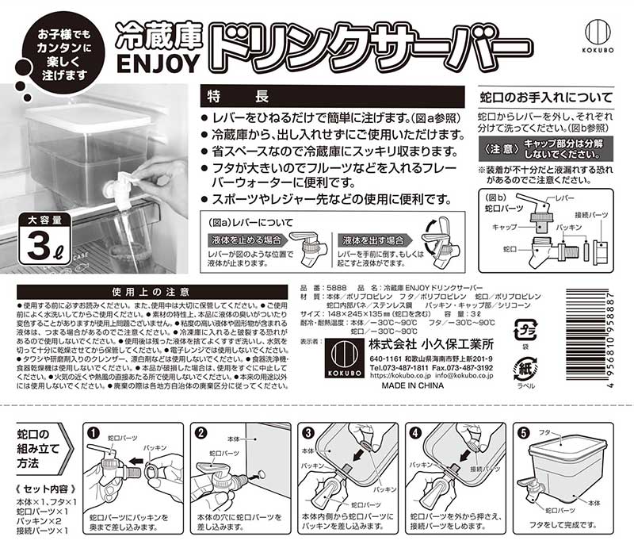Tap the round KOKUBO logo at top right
pos(600,33)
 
